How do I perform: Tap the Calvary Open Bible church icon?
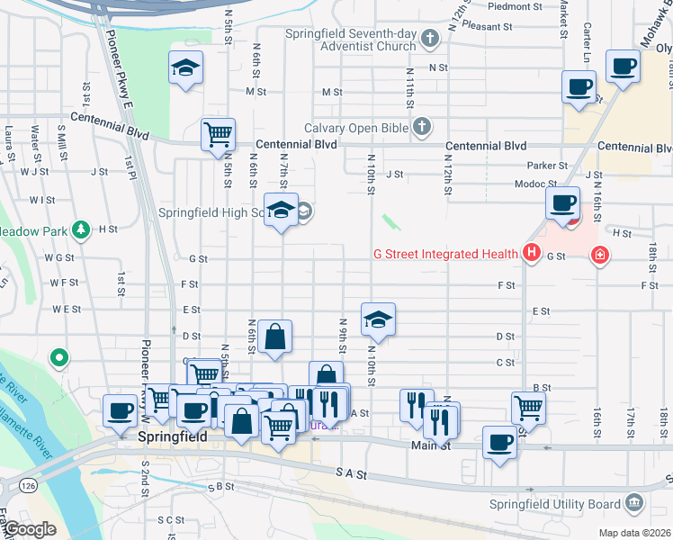click(422, 128)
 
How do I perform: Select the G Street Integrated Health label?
click(445, 254)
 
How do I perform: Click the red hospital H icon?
click(532, 254)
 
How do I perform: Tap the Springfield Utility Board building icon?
click(633, 502)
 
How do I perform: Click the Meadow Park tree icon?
click(81, 230)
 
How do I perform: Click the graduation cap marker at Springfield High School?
click(282, 210)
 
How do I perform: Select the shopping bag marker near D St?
click(274, 337)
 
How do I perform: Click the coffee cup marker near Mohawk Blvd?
click(623, 65)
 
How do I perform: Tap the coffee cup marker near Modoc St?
click(563, 203)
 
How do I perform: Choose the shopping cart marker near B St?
click(528, 407)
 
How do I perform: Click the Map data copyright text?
click(633, 532)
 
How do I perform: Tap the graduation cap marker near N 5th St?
click(186, 67)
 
